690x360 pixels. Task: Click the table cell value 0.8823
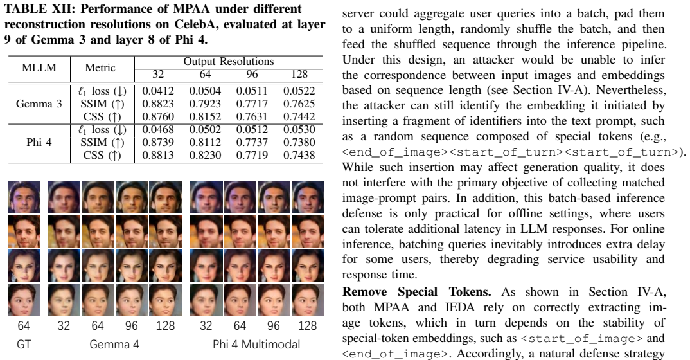click(158, 104)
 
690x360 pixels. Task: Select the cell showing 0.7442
click(299, 116)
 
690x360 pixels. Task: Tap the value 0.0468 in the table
click(158, 129)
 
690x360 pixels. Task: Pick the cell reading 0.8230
click(205, 155)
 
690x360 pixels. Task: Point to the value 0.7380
click(299, 142)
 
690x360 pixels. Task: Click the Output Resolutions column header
click(228, 62)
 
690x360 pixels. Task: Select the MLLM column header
click(39, 67)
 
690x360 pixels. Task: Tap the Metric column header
click(100, 67)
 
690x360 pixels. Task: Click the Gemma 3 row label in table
click(39, 104)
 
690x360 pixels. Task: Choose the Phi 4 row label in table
click(39, 142)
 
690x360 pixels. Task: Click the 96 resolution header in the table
click(252, 75)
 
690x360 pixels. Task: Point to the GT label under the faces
click(24, 344)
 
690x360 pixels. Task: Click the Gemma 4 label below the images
click(114, 344)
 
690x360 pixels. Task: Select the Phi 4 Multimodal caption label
click(256, 344)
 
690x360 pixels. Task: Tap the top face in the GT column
click(24, 197)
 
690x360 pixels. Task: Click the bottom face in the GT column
click(24, 300)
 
